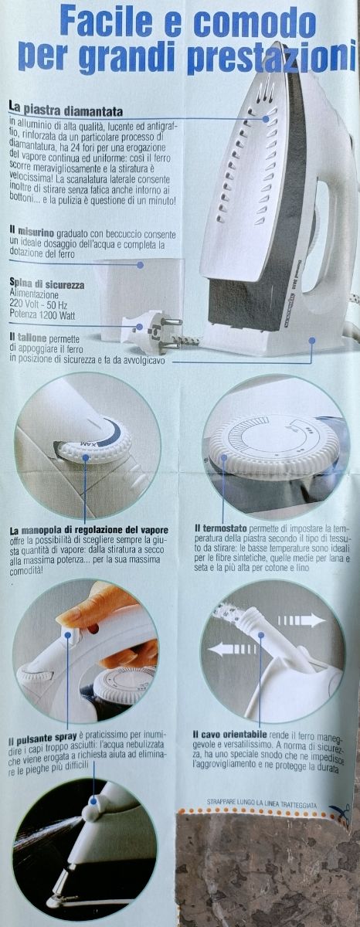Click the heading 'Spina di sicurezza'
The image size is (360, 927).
(47, 285)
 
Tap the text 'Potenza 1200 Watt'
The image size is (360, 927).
(42, 316)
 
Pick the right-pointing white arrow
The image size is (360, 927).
(301, 620)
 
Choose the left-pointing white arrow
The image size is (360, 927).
(231, 648)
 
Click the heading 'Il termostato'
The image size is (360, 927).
(220, 529)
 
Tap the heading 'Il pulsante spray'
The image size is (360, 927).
(43, 737)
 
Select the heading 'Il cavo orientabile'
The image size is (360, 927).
(229, 735)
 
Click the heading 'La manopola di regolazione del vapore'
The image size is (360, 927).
(89, 530)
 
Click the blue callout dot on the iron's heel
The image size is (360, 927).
(312, 340)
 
